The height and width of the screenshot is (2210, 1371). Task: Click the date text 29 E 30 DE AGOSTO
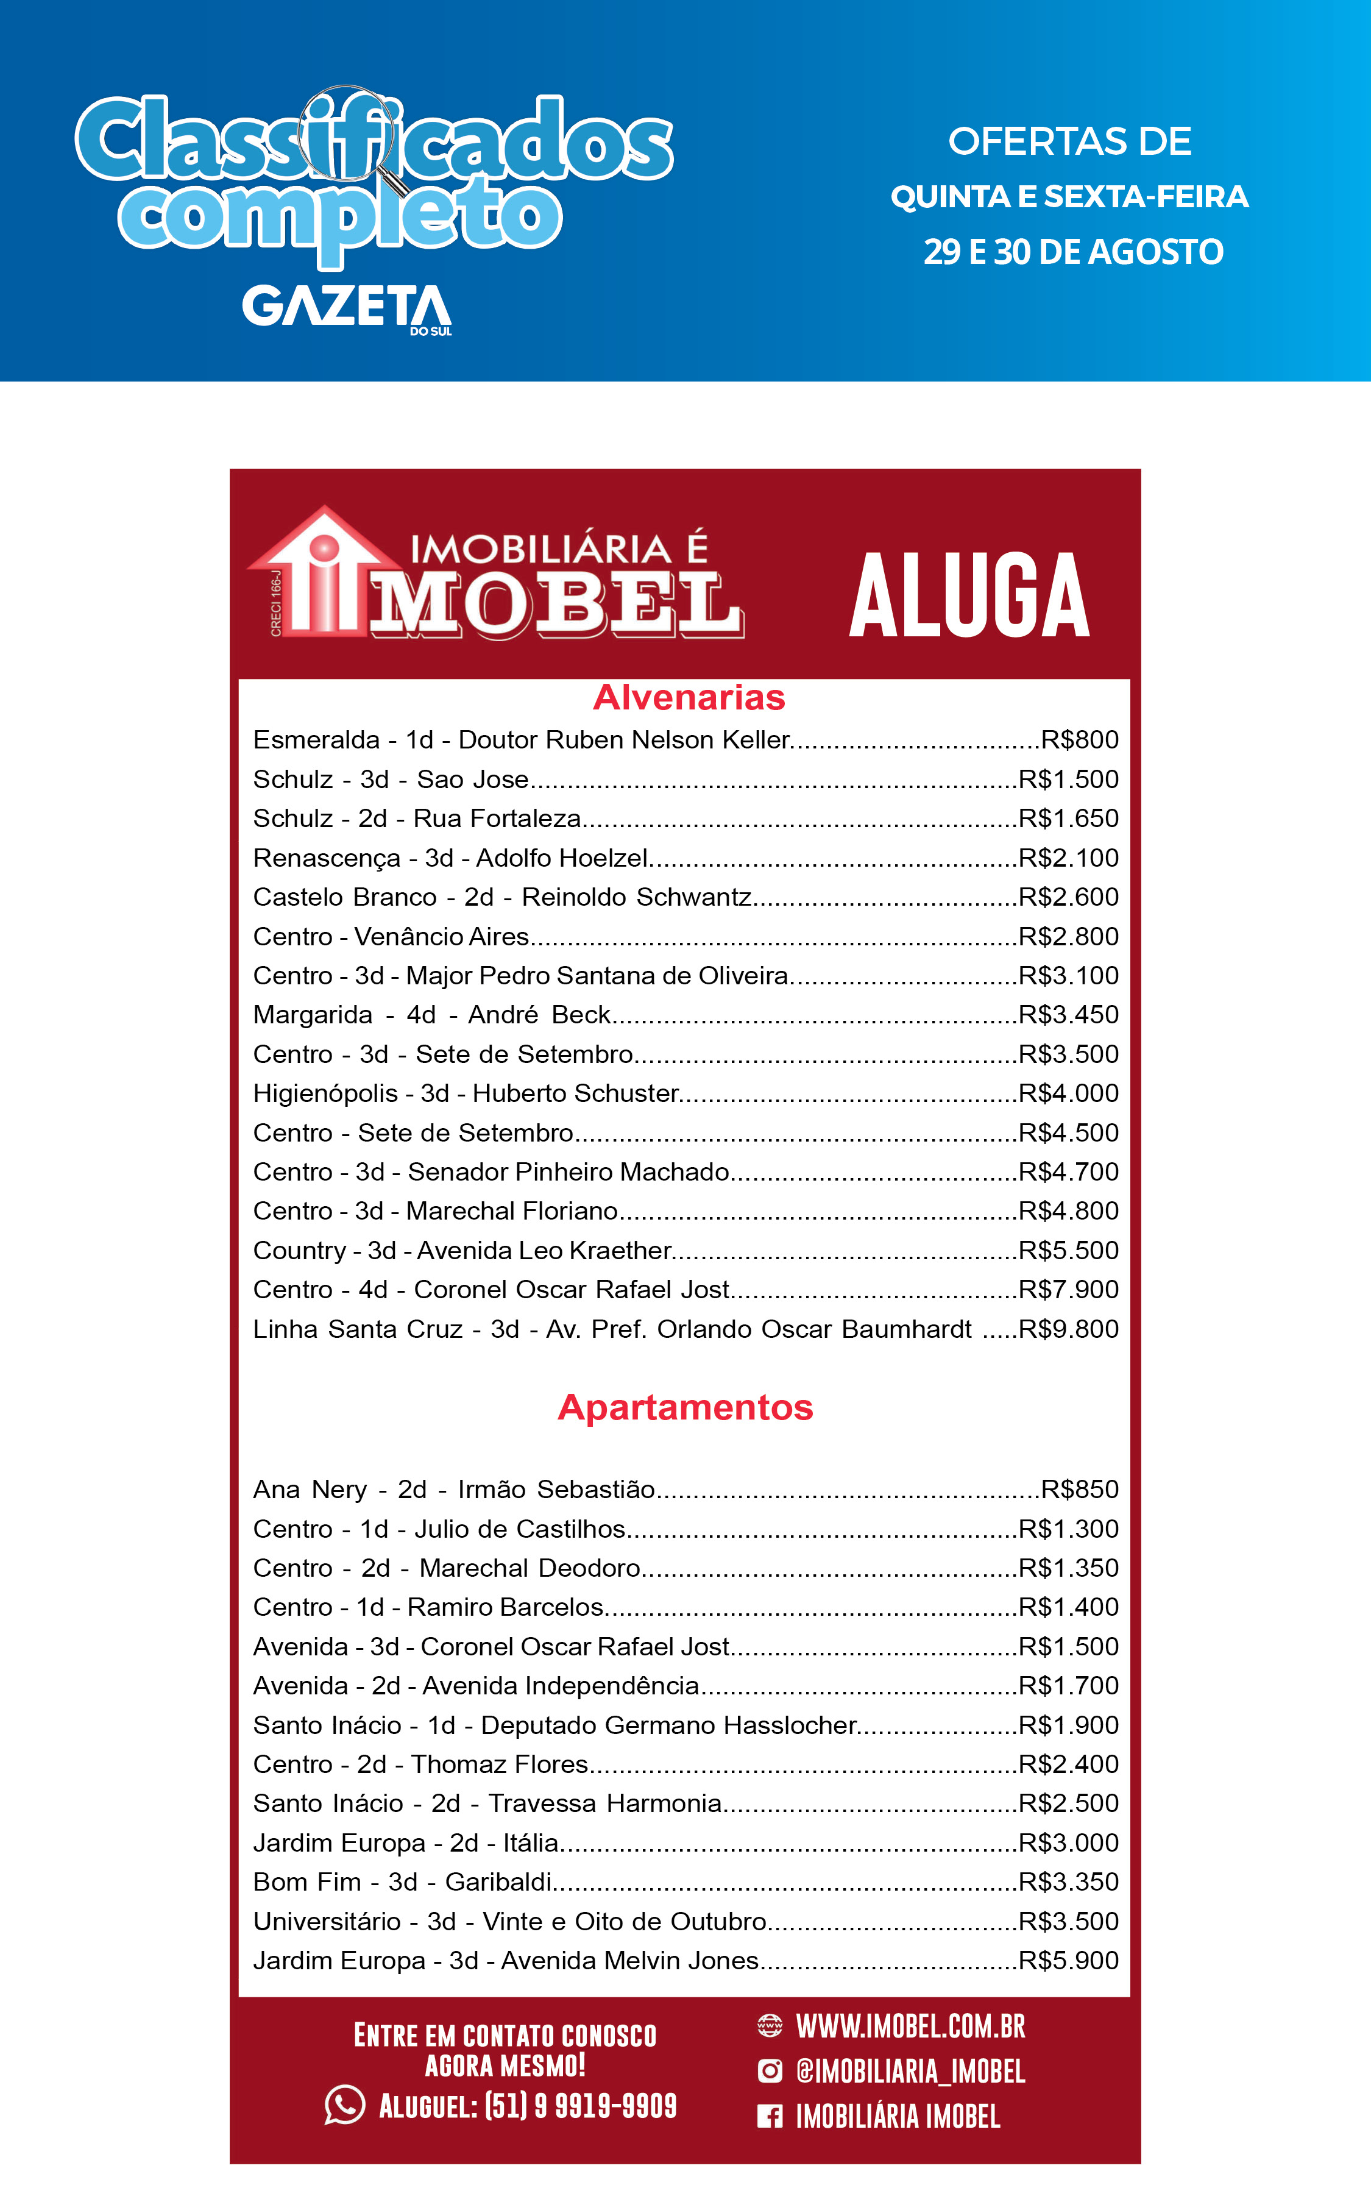[1072, 252]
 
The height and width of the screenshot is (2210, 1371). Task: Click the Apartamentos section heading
[685, 1407]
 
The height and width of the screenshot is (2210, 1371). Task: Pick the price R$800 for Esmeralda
[1079, 740]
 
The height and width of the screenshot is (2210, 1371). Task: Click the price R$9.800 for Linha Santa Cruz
[1068, 1329]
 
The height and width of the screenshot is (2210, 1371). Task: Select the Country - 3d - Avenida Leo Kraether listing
[462, 1251]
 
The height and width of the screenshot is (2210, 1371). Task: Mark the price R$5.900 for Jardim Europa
[1068, 1961]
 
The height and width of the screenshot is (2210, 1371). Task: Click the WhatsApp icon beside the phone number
[344, 2105]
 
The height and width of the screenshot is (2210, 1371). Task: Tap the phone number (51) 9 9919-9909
[580, 2106]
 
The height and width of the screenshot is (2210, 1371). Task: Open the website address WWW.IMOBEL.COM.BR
[910, 2026]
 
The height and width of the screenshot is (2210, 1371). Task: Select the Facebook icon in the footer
[769, 2117]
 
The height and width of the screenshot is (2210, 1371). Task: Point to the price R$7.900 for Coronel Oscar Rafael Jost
[1068, 1290]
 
